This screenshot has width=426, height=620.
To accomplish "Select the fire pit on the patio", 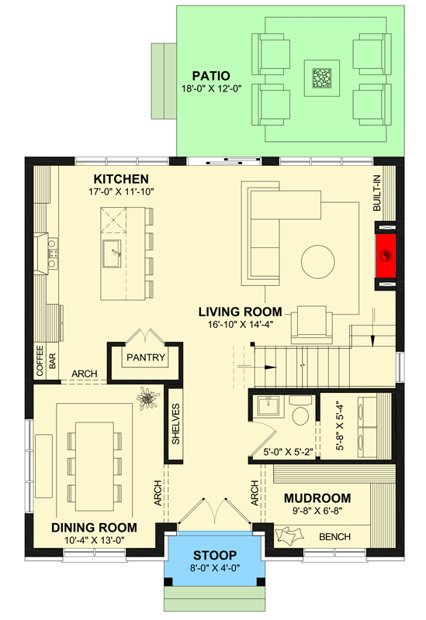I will pyautogui.click(x=320, y=77).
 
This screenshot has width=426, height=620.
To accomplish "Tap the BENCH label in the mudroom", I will pyautogui.click(x=334, y=536).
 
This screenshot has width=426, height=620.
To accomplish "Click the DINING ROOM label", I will pyautogui.click(x=95, y=527).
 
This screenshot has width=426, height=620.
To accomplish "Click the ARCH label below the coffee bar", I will pyautogui.click(x=84, y=374).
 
